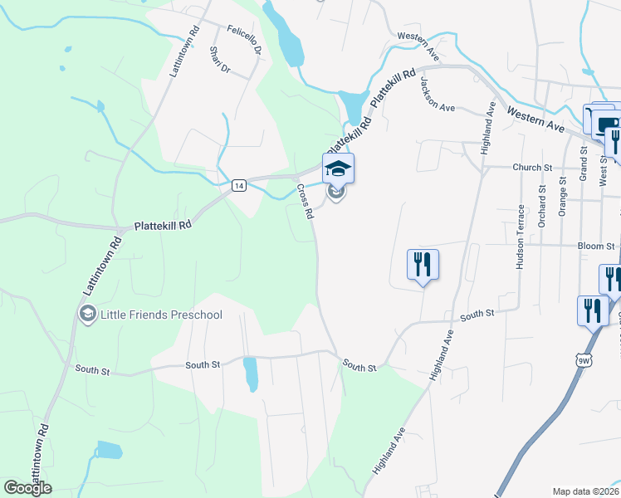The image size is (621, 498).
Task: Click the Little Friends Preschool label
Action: point(161,314)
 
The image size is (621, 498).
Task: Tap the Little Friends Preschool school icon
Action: point(87,314)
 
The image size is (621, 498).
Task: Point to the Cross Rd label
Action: point(305,201)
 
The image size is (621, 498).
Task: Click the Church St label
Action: point(531,167)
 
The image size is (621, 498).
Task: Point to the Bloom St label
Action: point(597,247)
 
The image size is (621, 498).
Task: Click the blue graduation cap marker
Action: point(338,169)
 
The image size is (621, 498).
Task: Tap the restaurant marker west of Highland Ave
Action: point(423,265)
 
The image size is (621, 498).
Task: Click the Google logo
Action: point(27,488)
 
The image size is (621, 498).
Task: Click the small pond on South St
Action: point(250,374)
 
